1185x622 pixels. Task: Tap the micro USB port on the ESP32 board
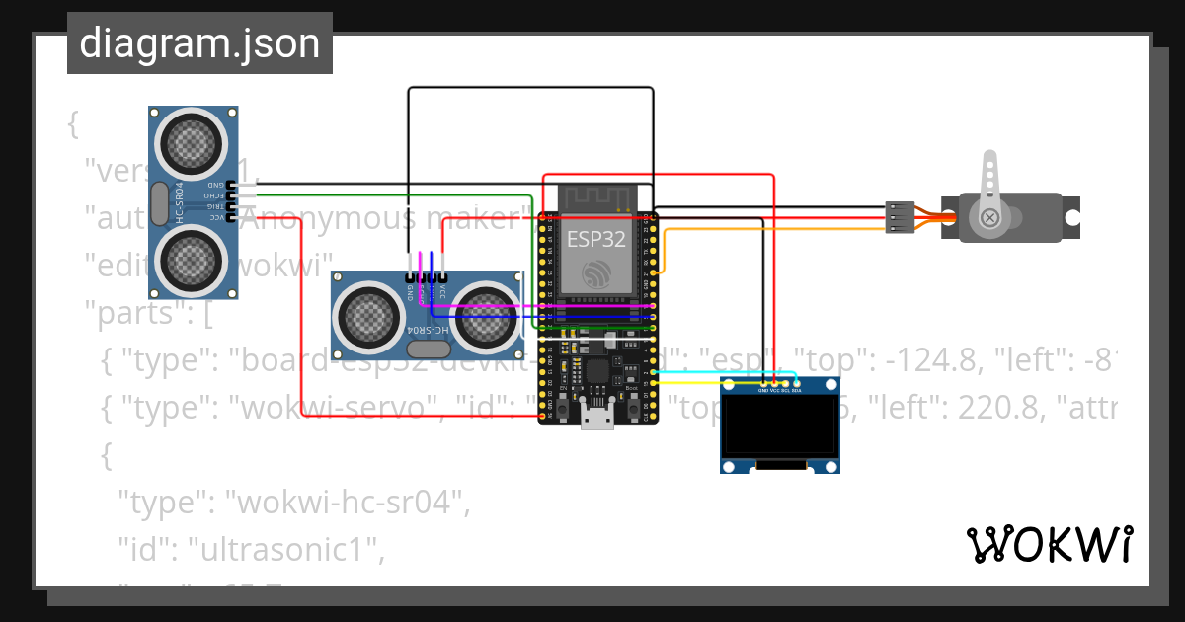(596, 419)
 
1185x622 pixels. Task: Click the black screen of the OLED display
(779, 426)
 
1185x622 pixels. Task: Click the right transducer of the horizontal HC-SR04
(487, 318)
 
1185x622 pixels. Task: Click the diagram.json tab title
(199, 43)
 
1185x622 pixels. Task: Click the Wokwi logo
(1049, 544)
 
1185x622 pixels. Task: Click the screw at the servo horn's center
(989, 217)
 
